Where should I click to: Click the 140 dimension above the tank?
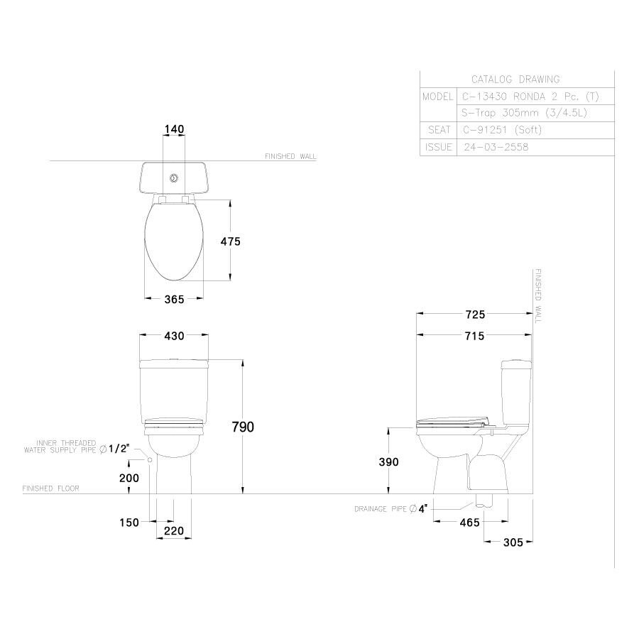(174, 129)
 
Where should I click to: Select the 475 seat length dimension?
(231, 241)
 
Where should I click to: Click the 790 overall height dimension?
(244, 426)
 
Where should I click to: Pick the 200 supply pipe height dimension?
(129, 478)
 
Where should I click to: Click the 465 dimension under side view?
(469, 523)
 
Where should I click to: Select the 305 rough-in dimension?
(512, 542)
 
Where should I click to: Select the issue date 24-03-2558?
(496, 148)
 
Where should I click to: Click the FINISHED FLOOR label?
(50, 488)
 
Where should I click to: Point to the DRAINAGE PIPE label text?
(382, 509)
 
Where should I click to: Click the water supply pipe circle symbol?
(151, 459)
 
